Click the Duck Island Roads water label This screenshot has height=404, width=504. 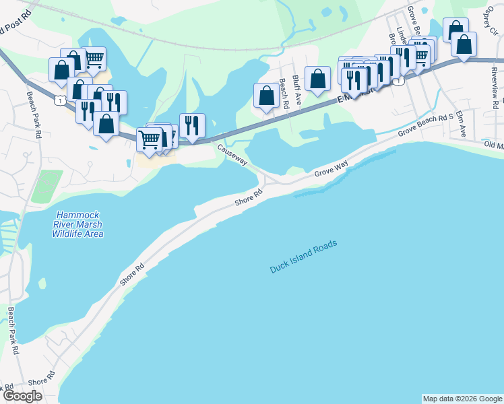tap(303, 257)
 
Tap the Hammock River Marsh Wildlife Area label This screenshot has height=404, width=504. tap(78, 225)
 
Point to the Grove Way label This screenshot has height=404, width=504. tap(331, 170)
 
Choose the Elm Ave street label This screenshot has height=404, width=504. tap(461, 124)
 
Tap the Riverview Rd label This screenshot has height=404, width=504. tap(494, 84)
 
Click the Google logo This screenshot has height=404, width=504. tap(22, 395)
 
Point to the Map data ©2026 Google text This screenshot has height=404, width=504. tap(462, 399)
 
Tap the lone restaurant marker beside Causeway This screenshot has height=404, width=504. tap(192, 125)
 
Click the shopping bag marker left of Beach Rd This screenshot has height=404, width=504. tap(266, 95)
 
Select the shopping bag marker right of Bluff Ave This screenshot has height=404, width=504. tap(317, 78)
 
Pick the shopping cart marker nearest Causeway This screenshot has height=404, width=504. tap(150, 139)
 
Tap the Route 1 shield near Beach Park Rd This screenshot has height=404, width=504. tap(61, 100)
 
